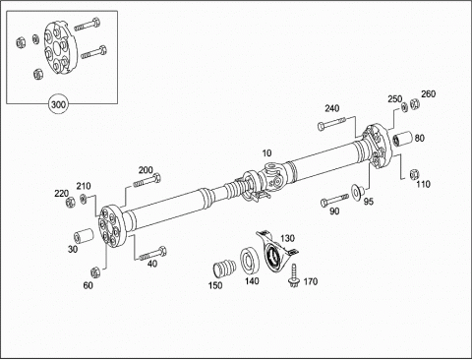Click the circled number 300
click(58, 104)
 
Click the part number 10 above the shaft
click(266, 153)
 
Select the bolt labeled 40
click(152, 254)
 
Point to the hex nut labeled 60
click(95, 271)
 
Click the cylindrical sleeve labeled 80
click(403, 139)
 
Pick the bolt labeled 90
click(334, 200)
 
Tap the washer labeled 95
click(356, 192)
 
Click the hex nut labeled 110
click(414, 174)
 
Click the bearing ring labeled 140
click(250, 261)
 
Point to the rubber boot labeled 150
click(224, 269)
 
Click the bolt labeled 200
click(147, 181)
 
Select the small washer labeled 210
click(84, 199)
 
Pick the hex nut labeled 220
click(70, 203)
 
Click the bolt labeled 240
click(331, 123)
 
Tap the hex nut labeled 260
click(415, 103)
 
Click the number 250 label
click(394, 99)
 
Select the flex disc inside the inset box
click(60, 48)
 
